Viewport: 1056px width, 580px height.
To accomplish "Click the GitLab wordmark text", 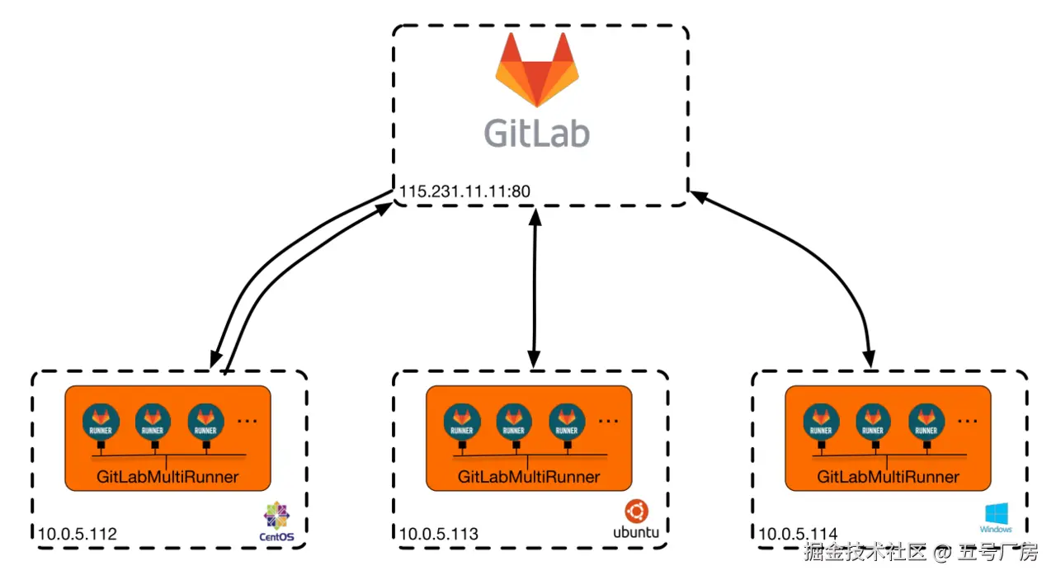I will (x=536, y=132).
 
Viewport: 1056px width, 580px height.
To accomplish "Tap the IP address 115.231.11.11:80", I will (x=464, y=191).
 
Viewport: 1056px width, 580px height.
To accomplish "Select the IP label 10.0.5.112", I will (x=78, y=535).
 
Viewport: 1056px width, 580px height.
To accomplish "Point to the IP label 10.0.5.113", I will (x=439, y=535).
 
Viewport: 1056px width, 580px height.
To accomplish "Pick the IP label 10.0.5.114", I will (x=798, y=535).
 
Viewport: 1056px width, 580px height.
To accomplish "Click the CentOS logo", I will (x=277, y=523).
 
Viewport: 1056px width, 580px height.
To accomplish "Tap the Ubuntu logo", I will (x=636, y=520).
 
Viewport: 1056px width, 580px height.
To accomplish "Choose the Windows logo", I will (x=996, y=518).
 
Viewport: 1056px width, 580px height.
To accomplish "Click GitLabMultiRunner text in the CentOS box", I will (x=167, y=477).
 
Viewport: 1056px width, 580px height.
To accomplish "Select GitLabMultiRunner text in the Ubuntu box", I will (x=529, y=477).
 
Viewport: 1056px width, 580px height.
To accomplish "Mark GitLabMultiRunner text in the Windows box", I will (x=889, y=477).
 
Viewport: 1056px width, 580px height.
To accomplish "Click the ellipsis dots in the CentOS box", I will (x=247, y=421).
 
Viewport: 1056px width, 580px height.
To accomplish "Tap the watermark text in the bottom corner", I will (x=921, y=553).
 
